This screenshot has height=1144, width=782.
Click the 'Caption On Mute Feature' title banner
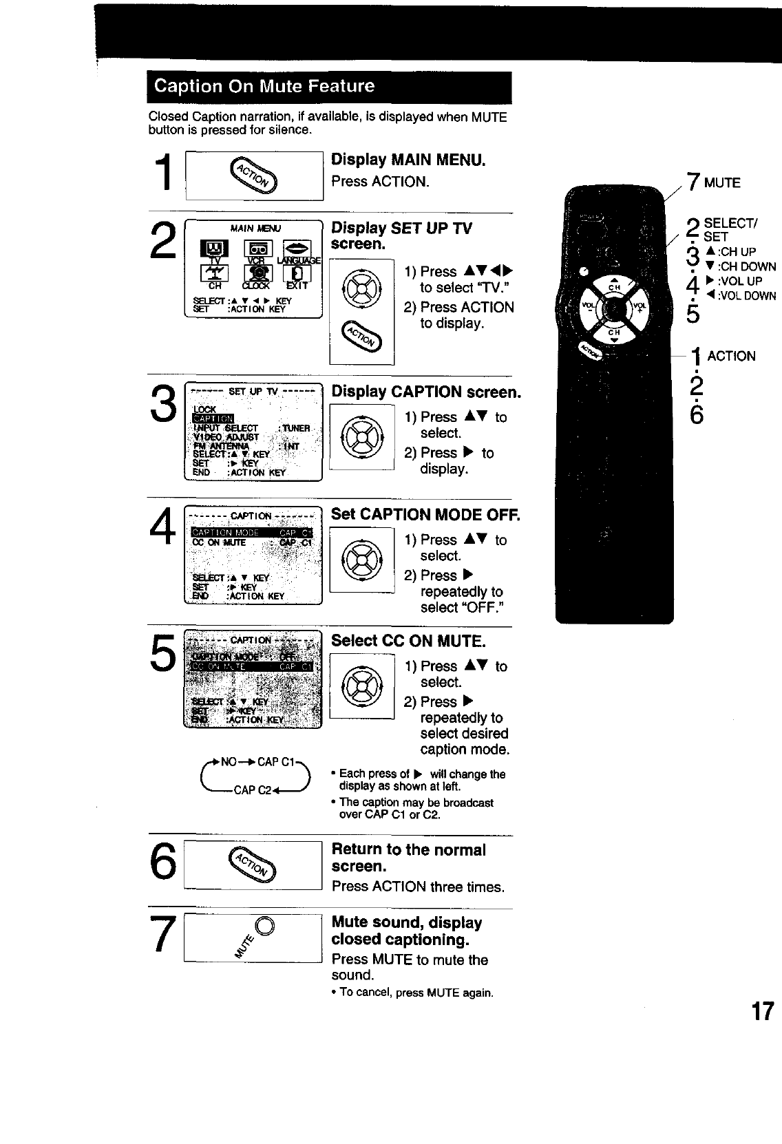point(328,87)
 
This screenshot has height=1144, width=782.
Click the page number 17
point(763,1011)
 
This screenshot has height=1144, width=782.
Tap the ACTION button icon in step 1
point(254,176)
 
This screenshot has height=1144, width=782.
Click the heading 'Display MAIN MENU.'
point(408,160)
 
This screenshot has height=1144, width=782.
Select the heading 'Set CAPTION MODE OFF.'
point(425,514)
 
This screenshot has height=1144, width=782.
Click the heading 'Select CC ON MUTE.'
point(408,641)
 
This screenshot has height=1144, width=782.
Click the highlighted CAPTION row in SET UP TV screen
point(213,418)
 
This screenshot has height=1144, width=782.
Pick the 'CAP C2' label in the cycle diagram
point(254,790)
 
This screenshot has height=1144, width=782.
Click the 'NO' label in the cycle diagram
point(228,762)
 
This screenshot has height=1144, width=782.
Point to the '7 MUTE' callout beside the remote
point(714,182)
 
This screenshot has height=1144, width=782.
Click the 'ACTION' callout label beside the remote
point(731,356)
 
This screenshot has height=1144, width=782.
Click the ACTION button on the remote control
point(590,350)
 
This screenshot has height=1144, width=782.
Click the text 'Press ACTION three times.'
point(418,887)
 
